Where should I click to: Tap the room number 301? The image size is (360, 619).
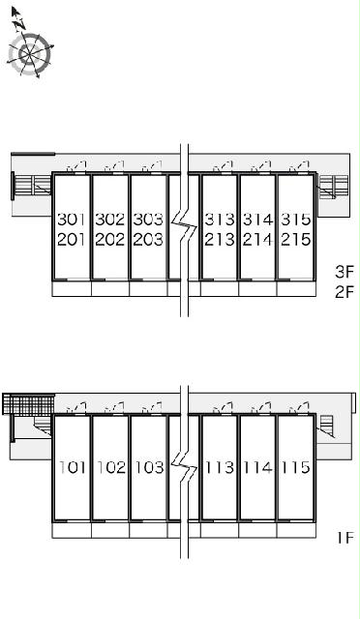72,220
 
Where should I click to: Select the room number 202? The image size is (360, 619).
109,240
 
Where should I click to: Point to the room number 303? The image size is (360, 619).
148,220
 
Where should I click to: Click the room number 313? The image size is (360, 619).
219,220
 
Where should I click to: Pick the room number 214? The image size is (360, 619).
257,240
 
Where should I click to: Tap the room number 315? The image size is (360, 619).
295,220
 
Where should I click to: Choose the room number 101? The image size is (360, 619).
73,467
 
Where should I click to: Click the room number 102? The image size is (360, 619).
111,467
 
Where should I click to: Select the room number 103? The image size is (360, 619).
149,467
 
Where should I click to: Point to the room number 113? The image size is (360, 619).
220,467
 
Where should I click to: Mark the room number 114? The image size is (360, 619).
258,467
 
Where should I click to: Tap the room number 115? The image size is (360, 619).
296,467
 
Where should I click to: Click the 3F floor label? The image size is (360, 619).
345,272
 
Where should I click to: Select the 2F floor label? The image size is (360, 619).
345,292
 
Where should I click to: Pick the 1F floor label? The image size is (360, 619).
345,538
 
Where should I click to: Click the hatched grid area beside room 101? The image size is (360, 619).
28,404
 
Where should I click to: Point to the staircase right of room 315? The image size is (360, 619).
334,186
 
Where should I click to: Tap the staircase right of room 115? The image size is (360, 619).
326,426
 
